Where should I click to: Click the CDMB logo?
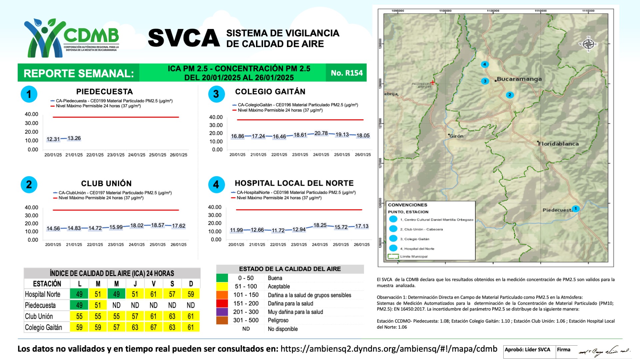(x=72, y=37)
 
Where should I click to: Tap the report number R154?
(x=347, y=73)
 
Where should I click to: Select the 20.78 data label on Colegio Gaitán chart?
(x=321, y=133)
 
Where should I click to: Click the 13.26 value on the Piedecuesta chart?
(x=74, y=138)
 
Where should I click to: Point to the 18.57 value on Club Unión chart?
(x=158, y=225)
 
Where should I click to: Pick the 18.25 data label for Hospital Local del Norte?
(x=320, y=225)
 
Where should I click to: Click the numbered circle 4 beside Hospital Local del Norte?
(x=216, y=184)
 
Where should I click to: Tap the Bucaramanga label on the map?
(x=519, y=79)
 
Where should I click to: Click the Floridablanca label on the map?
(x=558, y=144)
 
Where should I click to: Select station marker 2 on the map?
(x=509, y=95)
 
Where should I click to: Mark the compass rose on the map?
(x=589, y=44)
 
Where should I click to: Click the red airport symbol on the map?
(x=432, y=82)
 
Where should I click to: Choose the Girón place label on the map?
(x=456, y=136)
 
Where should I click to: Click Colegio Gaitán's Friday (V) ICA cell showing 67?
(x=153, y=327)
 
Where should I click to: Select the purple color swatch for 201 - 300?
(x=222, y=312)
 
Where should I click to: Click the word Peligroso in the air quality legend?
(x=278, y=320)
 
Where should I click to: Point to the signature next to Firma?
(x=604, y=351)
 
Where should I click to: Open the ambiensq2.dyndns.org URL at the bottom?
(x=389, y=349)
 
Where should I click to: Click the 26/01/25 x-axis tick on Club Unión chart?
(x=178, y=245)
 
